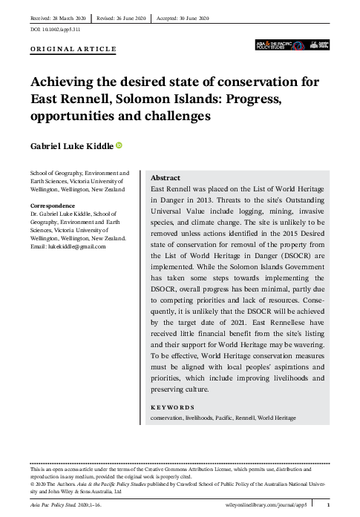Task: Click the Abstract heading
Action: [x=165, y=178]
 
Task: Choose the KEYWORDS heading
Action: [x=172, y=406]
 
